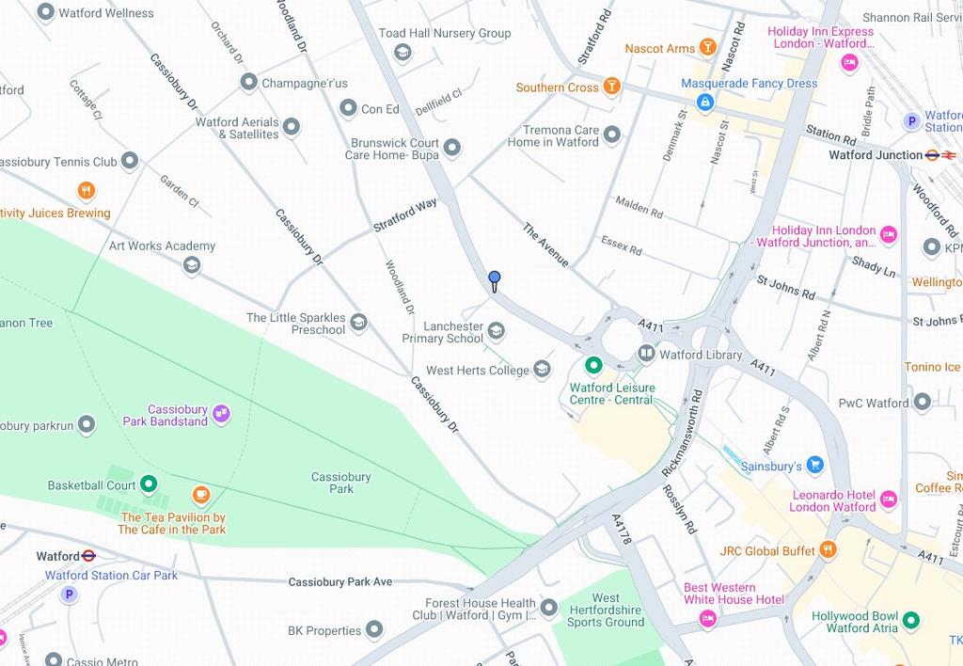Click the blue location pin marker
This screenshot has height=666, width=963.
494,278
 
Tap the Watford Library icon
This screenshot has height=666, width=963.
646,354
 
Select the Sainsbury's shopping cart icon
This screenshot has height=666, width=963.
814,465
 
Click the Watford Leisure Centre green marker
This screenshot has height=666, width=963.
593,365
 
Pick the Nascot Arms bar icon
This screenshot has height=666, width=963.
707,48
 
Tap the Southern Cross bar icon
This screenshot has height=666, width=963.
611,87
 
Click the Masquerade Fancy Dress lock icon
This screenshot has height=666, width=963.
704,102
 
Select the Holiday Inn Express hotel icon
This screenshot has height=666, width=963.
849,63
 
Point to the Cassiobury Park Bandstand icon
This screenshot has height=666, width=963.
221,412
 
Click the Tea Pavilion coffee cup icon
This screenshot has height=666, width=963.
200,495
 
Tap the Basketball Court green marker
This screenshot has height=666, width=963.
149,484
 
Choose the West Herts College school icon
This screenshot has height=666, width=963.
542,370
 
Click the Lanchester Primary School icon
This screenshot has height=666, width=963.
496,330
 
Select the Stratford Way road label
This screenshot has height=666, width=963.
405,214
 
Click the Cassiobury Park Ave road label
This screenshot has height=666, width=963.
339,581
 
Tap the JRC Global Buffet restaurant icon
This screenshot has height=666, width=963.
828,549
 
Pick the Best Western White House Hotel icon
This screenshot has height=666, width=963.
707,618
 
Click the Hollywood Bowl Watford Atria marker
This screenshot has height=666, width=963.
910,621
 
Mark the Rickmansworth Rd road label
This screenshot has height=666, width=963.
682,431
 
